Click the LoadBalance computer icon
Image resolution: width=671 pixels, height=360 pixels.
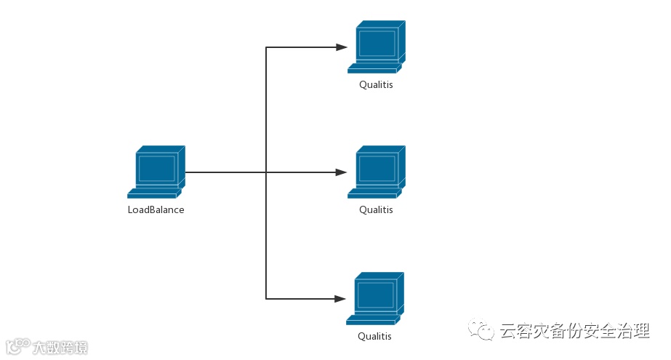click(156, 172)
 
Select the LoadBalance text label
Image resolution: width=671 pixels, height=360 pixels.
click(156, 209)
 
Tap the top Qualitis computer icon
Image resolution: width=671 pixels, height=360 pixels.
click(376, 47)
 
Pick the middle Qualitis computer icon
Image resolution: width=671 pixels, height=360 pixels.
click(376, 172)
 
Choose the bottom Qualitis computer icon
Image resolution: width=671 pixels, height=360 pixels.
click(375, 298)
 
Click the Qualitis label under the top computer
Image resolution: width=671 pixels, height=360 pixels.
click(376, 84)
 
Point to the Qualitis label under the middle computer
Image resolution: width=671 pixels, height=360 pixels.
click(376, 209)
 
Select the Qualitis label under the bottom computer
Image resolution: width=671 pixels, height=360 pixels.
click(374, 336)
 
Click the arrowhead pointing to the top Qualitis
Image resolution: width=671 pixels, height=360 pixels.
click(342, 47)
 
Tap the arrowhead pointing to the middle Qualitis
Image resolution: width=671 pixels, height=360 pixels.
click(342, 172)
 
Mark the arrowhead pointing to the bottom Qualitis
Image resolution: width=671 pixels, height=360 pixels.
click(340, 299)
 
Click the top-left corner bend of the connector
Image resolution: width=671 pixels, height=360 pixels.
click(266, 47)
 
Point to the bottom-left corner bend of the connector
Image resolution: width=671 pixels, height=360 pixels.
click(266, 299)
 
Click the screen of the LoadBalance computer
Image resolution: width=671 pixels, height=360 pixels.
click(157, 168)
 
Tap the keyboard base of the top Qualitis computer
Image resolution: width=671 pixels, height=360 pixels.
click(374, 70)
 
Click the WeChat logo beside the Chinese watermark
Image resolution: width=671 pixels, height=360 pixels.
click(481, 331)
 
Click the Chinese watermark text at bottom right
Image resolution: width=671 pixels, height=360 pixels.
click(574, 332)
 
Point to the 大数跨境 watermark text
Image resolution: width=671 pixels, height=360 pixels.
click(60, 348)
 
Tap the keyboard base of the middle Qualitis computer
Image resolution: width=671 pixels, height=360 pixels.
click(374, 194)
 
